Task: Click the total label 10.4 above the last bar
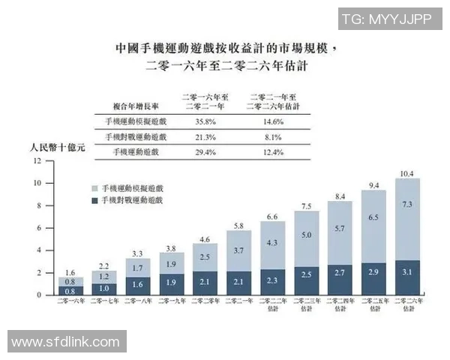pyautogui.click(x=407, y=173)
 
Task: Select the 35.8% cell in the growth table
pyautogui.click(x=205, y=120)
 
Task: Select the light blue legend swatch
pyautogui.click(x=94, y=188)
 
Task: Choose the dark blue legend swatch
pyautogui.click(x=94, y=201)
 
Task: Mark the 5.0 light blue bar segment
pyautogui.click(x=307, y=235)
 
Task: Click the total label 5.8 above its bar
pyautogui.click(x=239, y=225)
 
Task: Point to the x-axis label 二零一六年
pyautogui.click(x=70, y=303)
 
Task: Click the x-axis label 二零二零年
pyautogui.click(x=205, y=303)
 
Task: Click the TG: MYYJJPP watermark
pyautogui.click(x=385, y=19)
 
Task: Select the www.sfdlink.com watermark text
pyautogui.click(x=66, y=342)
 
